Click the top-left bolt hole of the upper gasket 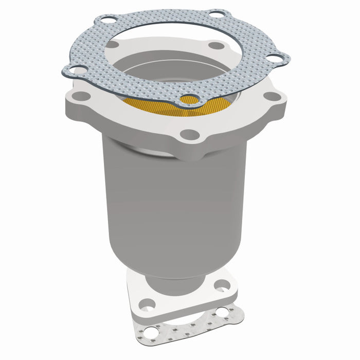point(107,21)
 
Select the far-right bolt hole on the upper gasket point(277,60)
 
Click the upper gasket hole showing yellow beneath point(191,100)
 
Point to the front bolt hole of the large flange point(190,135)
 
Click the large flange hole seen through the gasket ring point(218,46)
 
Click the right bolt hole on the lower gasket point(222,311)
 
